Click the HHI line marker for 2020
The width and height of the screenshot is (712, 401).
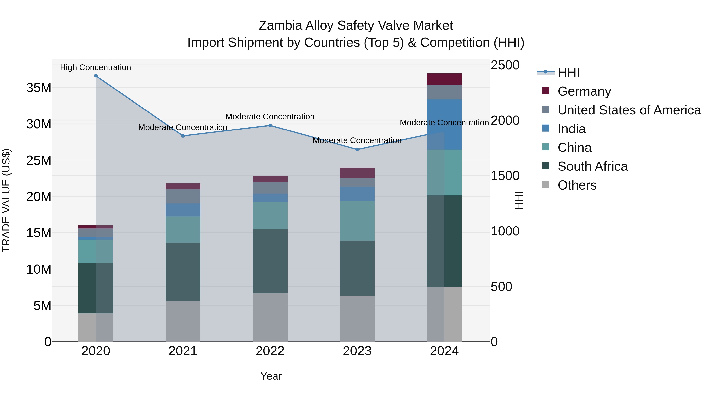96,76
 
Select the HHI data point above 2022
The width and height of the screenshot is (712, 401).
270,126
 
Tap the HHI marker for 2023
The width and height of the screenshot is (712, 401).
357,150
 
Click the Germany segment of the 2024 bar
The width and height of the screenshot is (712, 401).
444,79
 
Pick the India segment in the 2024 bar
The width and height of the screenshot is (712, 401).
444,125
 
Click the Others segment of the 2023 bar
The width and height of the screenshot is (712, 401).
357,319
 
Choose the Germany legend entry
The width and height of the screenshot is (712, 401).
584,91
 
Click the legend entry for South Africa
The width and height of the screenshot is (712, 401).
592,166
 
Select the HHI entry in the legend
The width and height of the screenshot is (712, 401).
568,72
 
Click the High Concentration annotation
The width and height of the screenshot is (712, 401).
95,68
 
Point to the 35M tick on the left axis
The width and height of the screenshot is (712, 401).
39,88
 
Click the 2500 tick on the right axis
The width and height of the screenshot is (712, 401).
505,65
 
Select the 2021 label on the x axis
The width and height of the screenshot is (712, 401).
183,351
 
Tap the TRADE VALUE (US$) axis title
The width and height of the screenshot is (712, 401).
6,200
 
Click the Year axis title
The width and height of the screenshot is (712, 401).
271,376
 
